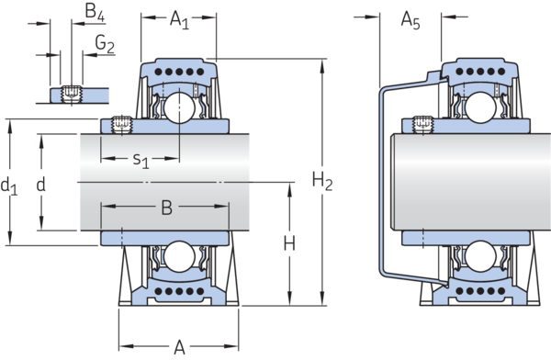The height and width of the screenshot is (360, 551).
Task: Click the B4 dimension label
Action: point(95,12)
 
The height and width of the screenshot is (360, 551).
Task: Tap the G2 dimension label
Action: point(105,44)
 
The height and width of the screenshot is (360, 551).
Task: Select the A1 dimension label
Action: point(179,19)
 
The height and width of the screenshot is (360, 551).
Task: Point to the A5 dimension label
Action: point(410,20)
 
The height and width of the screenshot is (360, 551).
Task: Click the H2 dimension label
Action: point(322,182)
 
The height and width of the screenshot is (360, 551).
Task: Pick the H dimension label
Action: point(289,243)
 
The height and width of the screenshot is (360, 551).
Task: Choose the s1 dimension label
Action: point(141,160)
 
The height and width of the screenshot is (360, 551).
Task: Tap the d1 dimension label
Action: point(9,186)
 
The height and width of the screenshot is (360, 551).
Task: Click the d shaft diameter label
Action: point(41,185)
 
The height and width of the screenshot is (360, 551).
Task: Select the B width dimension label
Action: point(166,208)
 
